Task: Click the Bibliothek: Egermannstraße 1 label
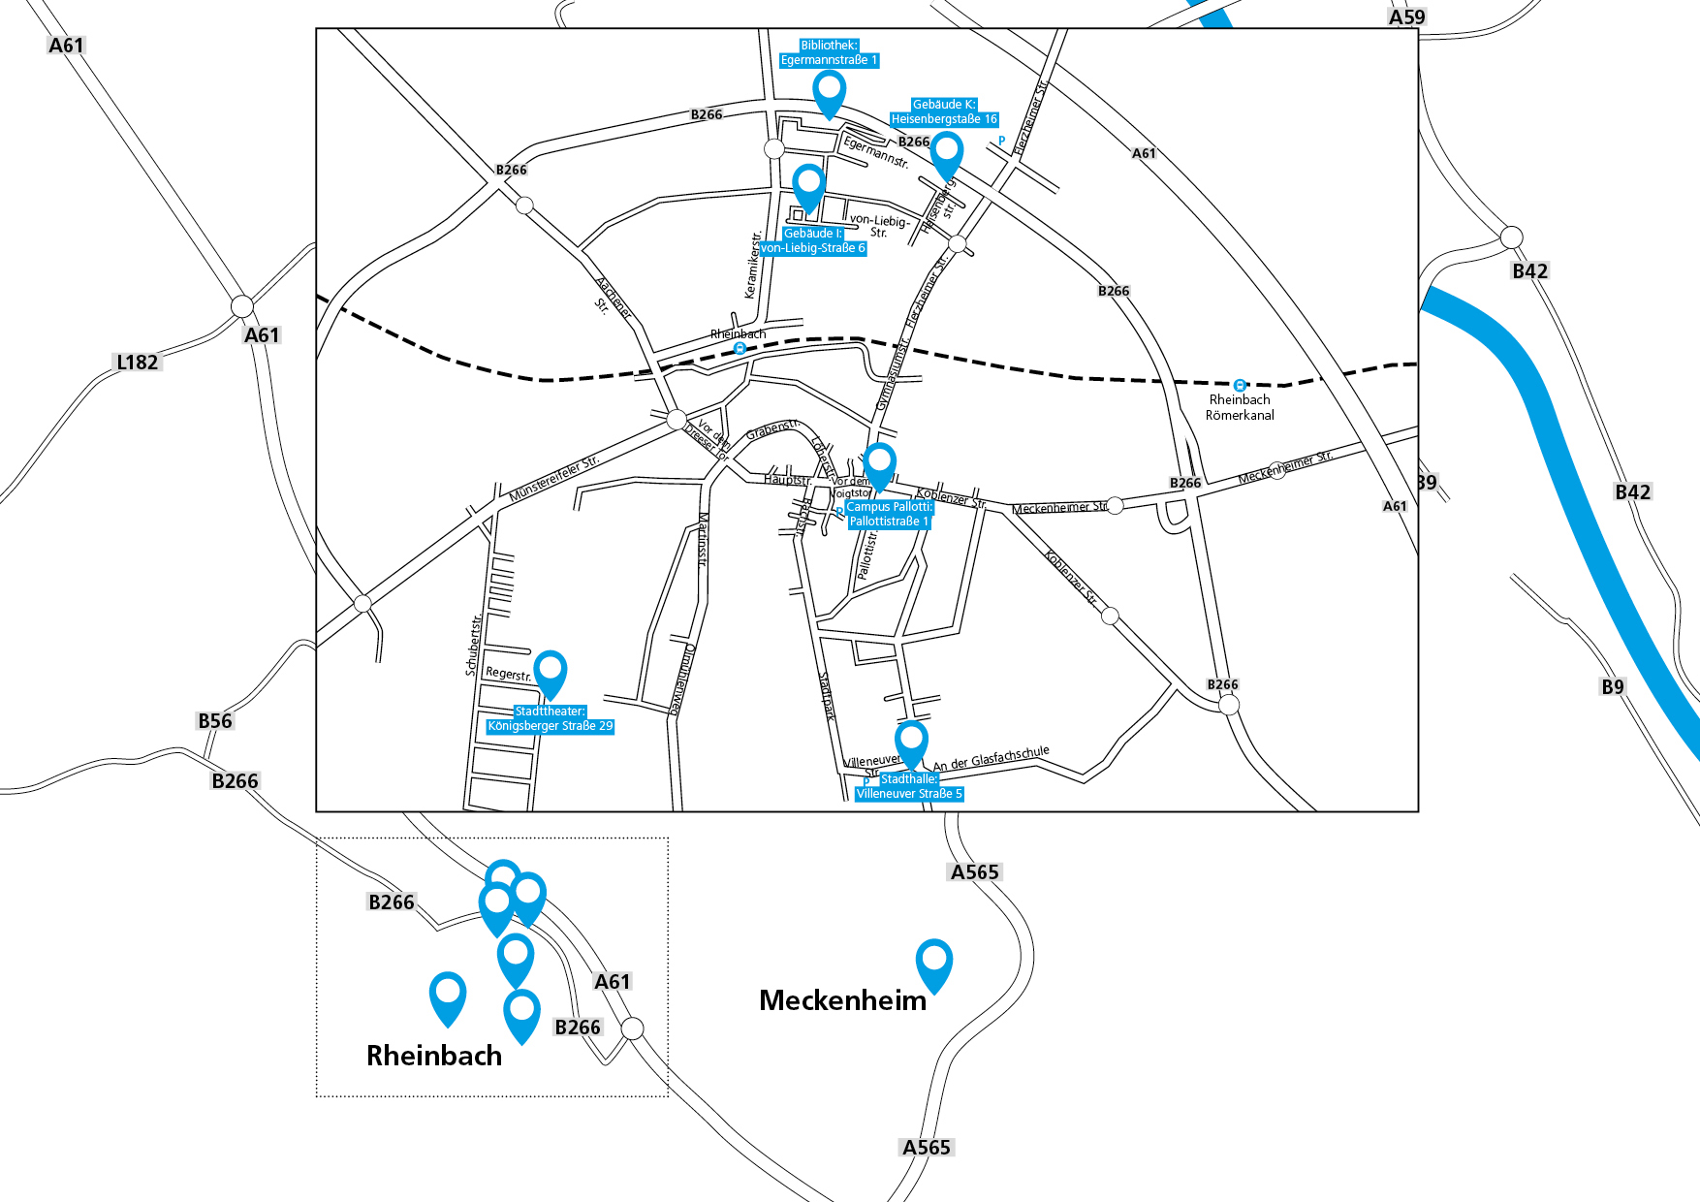pos(829,53)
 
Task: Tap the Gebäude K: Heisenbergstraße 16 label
pos(944,112)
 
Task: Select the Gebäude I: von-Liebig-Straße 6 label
pos(812,241)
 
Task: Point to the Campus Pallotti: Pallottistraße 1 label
pos(889,515)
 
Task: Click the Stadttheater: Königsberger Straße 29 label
pos(550,719)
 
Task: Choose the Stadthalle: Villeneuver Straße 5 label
pos(909,787)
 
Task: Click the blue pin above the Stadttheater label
pos(551,671)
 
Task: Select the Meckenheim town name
pos(842,1000)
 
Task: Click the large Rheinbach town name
pos(434,1056)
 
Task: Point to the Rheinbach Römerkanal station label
pos(1240,407)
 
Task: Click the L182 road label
pos(137,363)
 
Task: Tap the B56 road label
pos(215,721)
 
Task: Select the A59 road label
pos(1406,17)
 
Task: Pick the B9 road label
pos(1612,687)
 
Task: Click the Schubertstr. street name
pos(473,645)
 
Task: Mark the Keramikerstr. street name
pos(752,265)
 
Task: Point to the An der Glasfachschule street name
pos(991,758)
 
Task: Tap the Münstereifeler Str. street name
pos(554,478)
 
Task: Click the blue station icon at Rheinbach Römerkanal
pos(1240,385)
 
